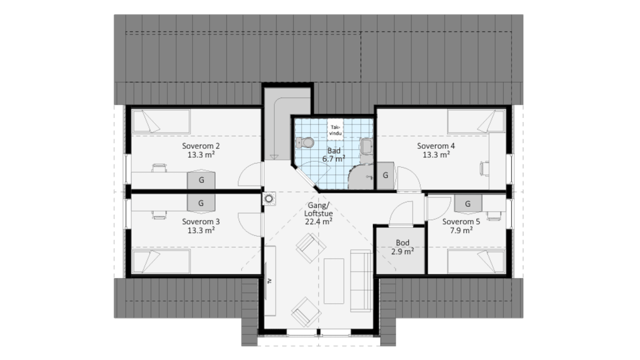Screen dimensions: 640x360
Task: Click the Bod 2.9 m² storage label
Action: pos(402,247)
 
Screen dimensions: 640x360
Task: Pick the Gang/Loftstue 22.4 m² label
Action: pos(319,213)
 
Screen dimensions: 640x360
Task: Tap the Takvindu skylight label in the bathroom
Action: pos(335,130)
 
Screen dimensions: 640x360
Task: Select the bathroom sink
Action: pos(367,146)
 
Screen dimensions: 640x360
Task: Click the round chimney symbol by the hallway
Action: pos(269,198)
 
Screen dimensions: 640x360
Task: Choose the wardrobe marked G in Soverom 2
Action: pos(201,180)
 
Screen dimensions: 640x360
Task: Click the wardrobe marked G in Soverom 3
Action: pos(201,203)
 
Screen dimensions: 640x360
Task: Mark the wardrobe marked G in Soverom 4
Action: pos(386,176)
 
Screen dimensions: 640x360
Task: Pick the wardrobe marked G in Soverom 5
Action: pos(468,203)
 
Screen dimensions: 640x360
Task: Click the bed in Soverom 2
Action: pos(161,121)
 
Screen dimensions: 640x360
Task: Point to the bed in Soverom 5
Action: pos(476,262)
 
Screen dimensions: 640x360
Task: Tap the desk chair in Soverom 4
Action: pos(485,168)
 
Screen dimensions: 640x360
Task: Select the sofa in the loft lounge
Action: pos(361,281)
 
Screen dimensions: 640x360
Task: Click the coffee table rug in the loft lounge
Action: pos(334,281)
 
